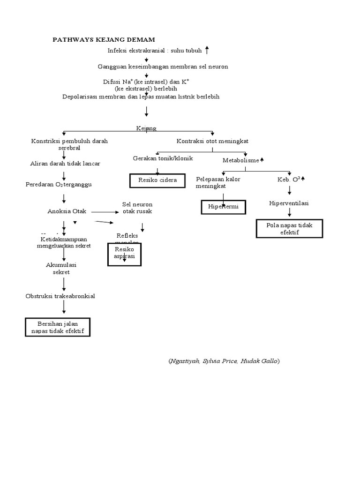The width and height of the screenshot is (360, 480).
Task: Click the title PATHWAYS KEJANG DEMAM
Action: click(x=103, y=39)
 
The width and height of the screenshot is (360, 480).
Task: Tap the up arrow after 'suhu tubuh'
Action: click(x=207, y=51)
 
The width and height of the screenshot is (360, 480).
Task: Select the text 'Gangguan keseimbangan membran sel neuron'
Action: click(x=163, y=67)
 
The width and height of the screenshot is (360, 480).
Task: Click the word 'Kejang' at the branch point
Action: click(x=146, y=128)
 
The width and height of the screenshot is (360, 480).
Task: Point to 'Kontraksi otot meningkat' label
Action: click(x=212, y=141)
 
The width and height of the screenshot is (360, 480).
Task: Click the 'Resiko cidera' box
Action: click(x=157, y=180)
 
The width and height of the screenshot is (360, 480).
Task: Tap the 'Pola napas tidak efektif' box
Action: click(x=289, y=229)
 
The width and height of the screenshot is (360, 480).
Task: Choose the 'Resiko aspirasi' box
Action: click(x=124, y=254)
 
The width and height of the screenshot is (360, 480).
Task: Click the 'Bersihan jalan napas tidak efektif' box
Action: click(x=57, y=327)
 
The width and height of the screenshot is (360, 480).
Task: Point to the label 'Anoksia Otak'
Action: click(x=67, y=211)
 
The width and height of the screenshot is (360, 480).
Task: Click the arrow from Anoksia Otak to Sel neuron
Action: click(x=105, y=211)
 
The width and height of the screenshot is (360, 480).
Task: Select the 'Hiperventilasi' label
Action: click(x=289, y=203)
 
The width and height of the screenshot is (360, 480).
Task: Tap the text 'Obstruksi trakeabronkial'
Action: click(x=60, y=296)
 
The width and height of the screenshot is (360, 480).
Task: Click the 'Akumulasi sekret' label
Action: click(x=61, y=268)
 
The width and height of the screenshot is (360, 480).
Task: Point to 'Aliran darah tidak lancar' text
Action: click(x=65, y=163)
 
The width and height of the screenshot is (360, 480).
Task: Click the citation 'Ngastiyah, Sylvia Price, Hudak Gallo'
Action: click(x=224, y=361)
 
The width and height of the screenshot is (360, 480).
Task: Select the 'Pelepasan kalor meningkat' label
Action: click(x=218, y=182)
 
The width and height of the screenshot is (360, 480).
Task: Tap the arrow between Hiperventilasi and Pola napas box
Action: click(x=290, y=212)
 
